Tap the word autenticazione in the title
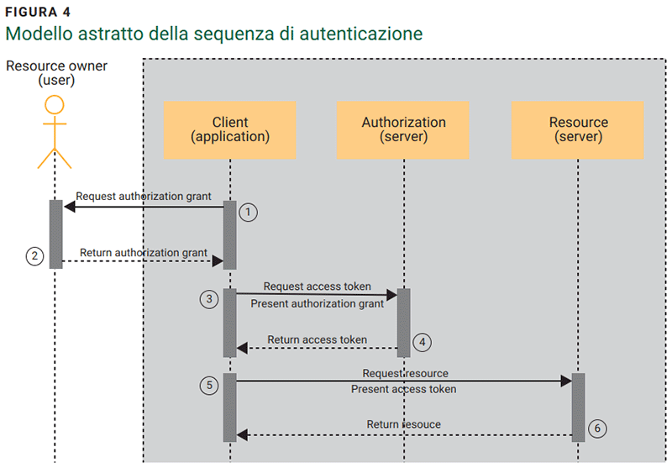coord(361,34)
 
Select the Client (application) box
coord(230,129)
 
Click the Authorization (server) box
coord(403,129)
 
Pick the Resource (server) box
coord(578,129)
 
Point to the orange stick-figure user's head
coord(55,105)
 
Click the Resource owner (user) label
coord(56,73)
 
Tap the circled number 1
coord(248,212)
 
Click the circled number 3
coord(211,299)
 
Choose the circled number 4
coord(423,342)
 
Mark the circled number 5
coord(211,385)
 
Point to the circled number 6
coord(597,429)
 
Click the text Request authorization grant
coord(143,197)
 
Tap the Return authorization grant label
coord(144,252)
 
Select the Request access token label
coord(318,287)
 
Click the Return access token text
coord(318,339)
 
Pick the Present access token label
coord(404,389)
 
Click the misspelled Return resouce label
coord(404,424)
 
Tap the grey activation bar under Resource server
coord(578,408)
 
